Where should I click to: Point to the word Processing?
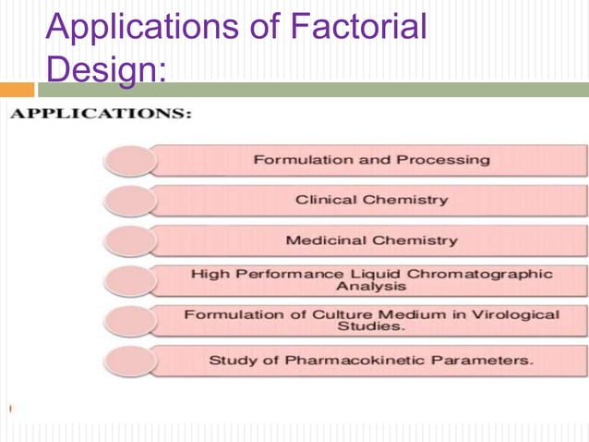pyautogui.click(x=443, y=160)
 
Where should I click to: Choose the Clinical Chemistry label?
pyautogui.click(x=371, y=200)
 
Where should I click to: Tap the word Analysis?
pyautogui.click(x=371, y=287)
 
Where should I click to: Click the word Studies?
pyautogui.click(x=371, y=326)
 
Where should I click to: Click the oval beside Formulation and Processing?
pyautogui.click(x=130, y=161)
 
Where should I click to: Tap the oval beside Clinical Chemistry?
pyautogui.click(x=130, y=201)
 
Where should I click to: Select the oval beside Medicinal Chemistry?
pyautogui.click(x=130, y=240)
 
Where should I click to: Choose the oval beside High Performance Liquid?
pyautogui.click(x=130, y=280)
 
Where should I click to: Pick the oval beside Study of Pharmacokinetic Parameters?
pyautogui.click(x=130, y=361)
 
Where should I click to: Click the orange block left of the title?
pyautogui.click(x=17, y=90)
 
